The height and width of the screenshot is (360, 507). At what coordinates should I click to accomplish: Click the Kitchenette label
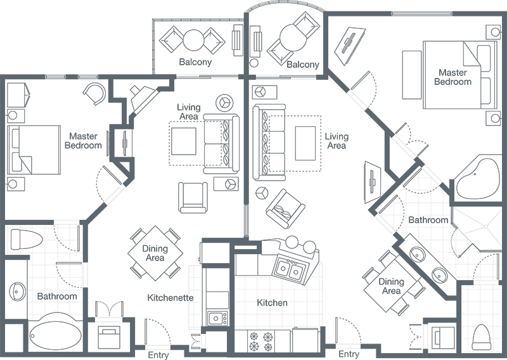click(170, 297)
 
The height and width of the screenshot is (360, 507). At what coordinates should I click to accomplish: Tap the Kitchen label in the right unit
click(272, 303)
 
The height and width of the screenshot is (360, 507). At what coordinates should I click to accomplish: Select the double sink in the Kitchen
click(290, 271)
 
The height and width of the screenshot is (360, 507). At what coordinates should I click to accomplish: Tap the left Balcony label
click(196, 63)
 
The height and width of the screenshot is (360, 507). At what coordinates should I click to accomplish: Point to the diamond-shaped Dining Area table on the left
click(154, 253)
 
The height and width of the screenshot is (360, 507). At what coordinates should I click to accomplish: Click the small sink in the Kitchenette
click(216, 318)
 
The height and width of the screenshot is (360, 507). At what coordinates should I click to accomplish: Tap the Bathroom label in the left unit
click(57, 296)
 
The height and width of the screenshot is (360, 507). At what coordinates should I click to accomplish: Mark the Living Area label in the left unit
click(188, 112)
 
